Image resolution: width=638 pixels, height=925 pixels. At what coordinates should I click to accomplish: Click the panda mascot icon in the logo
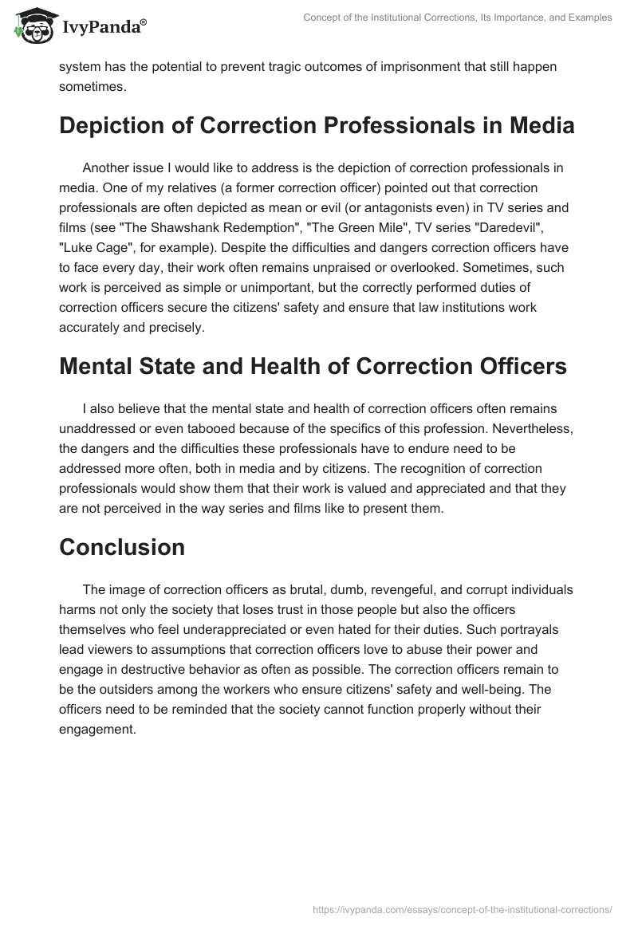pos(31,26)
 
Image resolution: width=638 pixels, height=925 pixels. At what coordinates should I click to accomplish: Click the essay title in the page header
pos(458,18)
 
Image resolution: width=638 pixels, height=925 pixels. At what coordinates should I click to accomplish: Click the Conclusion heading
pos(122,547)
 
